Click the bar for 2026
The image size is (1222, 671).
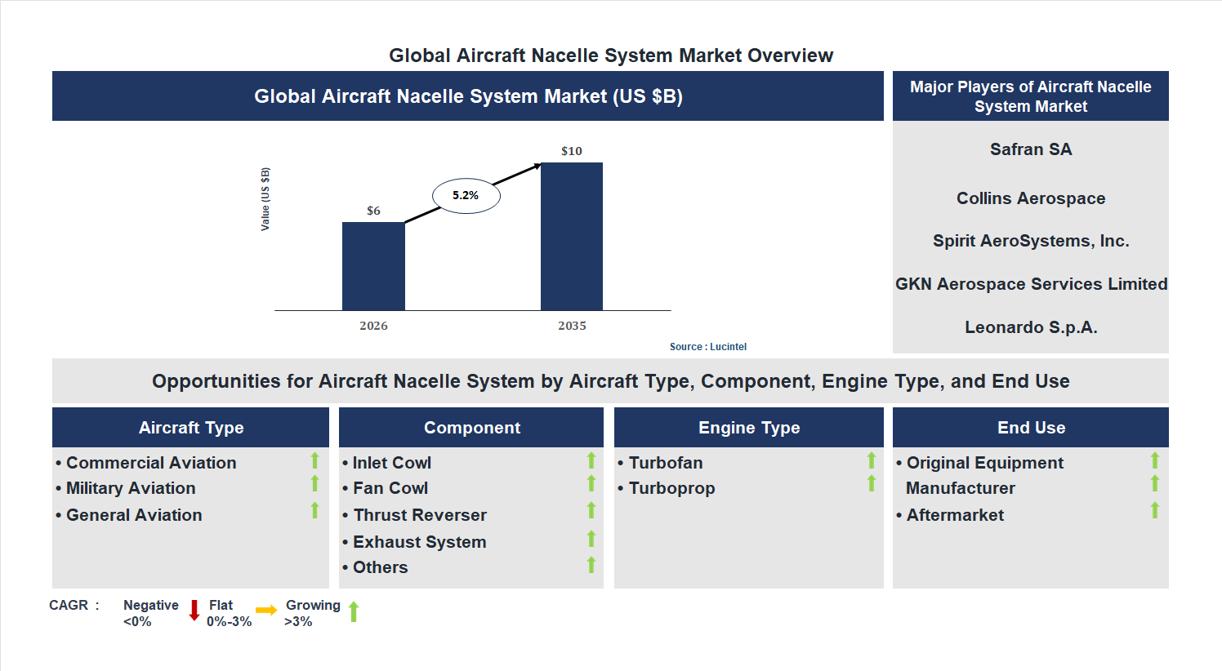coord(373,266)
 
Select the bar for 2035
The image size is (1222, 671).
coord(572,237)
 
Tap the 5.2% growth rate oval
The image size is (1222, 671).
coord(466,196)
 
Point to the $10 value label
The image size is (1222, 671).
coord(572,151)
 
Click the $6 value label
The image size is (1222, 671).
coord(373,211)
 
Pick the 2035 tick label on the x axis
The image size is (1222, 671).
coord(572,326)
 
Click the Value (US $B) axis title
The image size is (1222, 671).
coord(265,199)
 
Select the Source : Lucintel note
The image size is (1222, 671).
coord(707,347)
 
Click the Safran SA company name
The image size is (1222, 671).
coord(1031,149)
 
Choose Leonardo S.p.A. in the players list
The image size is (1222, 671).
coord(1031,327)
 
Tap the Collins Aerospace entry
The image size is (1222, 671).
coord(1031,198)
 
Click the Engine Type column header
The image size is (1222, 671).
coord(749,428)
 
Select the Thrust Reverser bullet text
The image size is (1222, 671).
coord(420,515)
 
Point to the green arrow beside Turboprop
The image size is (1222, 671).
coord(872,484)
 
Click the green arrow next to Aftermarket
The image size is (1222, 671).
coord(1155,510)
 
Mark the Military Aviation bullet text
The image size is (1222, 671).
coord(131,488)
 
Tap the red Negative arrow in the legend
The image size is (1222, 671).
coord(194,611)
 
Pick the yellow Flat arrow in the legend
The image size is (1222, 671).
coord(266,610)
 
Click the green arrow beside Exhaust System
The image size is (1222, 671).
coord(591,539)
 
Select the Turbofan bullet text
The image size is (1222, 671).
coord(665,463)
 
